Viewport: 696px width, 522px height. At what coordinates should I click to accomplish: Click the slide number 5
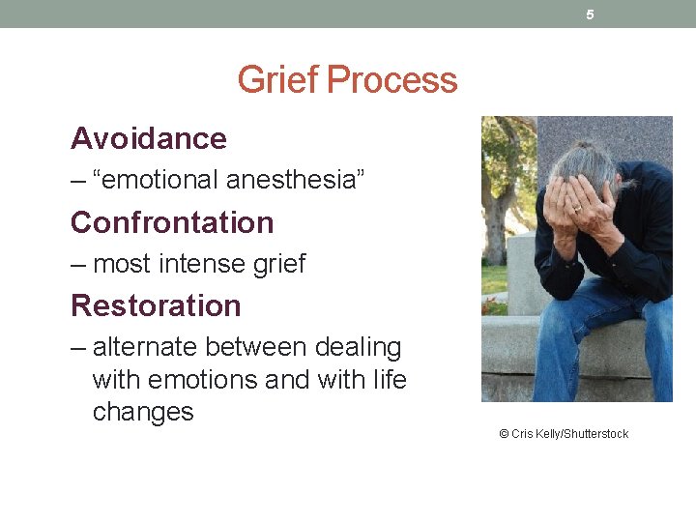tap(590, 14)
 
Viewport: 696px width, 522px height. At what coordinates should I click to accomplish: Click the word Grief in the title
tap(278, 79)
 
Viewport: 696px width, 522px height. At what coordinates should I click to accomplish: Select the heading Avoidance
tap(149, 138)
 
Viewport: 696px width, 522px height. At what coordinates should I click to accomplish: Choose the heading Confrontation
tap(172, 222)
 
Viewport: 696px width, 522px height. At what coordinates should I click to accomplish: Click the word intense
tap(202, 263)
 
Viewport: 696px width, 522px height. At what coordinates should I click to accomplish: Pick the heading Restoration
tap(156, 305)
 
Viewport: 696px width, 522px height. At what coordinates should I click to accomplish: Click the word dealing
tap(355, 346)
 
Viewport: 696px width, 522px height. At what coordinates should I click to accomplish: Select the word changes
tap(143, 412)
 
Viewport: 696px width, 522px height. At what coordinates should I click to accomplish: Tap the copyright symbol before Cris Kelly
tap(504, 434)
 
